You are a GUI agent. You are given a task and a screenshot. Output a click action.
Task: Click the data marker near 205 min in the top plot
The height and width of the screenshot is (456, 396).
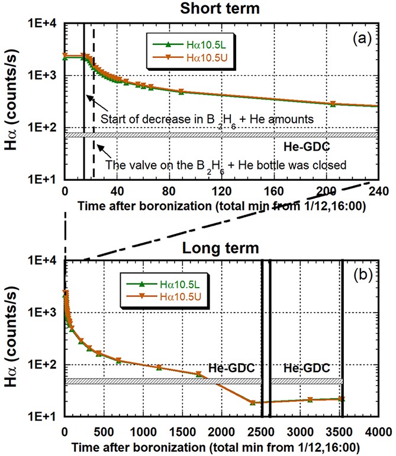tap(333, 103)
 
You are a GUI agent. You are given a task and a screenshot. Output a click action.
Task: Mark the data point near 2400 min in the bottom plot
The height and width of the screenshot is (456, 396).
tap(253, 403)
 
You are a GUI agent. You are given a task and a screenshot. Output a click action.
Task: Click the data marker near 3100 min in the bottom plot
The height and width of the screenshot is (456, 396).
tap(310, 400)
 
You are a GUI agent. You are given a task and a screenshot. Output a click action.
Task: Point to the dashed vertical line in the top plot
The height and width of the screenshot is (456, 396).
tap(94, 89)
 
